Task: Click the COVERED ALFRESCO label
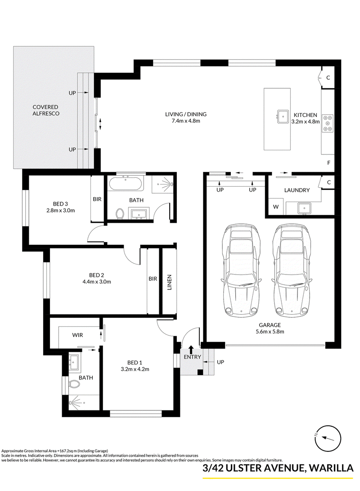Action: pos(46,110)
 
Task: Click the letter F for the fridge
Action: pos(328,163)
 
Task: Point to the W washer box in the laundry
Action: pos(276,207)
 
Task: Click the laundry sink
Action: pos(304,208)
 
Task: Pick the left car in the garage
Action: pos(241,270)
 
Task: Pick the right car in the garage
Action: pos(292,270)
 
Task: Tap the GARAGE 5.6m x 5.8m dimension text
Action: pos(270,328)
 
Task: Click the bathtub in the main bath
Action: pos(126,183)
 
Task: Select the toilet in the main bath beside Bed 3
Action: pos(119,214)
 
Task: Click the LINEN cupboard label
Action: pos(169,283)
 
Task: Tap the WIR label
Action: pos(78,335)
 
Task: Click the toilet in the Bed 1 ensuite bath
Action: pos(75,383)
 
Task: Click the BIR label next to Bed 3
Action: pos(97,199)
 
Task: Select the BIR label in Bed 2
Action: pos(153,279)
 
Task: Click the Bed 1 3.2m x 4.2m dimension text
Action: pos(135,366)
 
